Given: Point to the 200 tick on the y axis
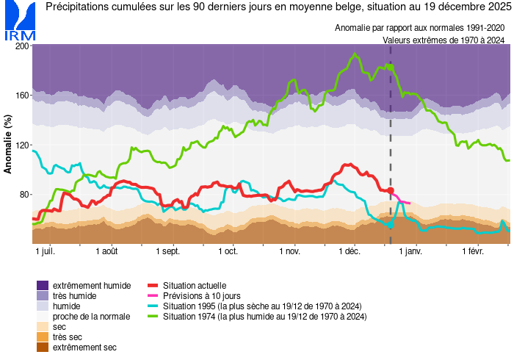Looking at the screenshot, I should click(x=22, y=46).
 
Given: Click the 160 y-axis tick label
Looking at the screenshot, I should click(x=22, y=96).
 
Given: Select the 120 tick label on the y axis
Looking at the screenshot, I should click(x=22, y=145).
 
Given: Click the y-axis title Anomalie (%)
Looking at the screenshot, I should click(x=8, y=145).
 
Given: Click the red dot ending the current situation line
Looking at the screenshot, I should click(x=391, y=190).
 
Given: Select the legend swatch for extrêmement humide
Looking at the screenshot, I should click(x=43, y=285).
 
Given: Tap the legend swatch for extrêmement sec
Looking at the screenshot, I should click(x=43, y=347).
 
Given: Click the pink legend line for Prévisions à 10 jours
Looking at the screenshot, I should click(x=153, y=295).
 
